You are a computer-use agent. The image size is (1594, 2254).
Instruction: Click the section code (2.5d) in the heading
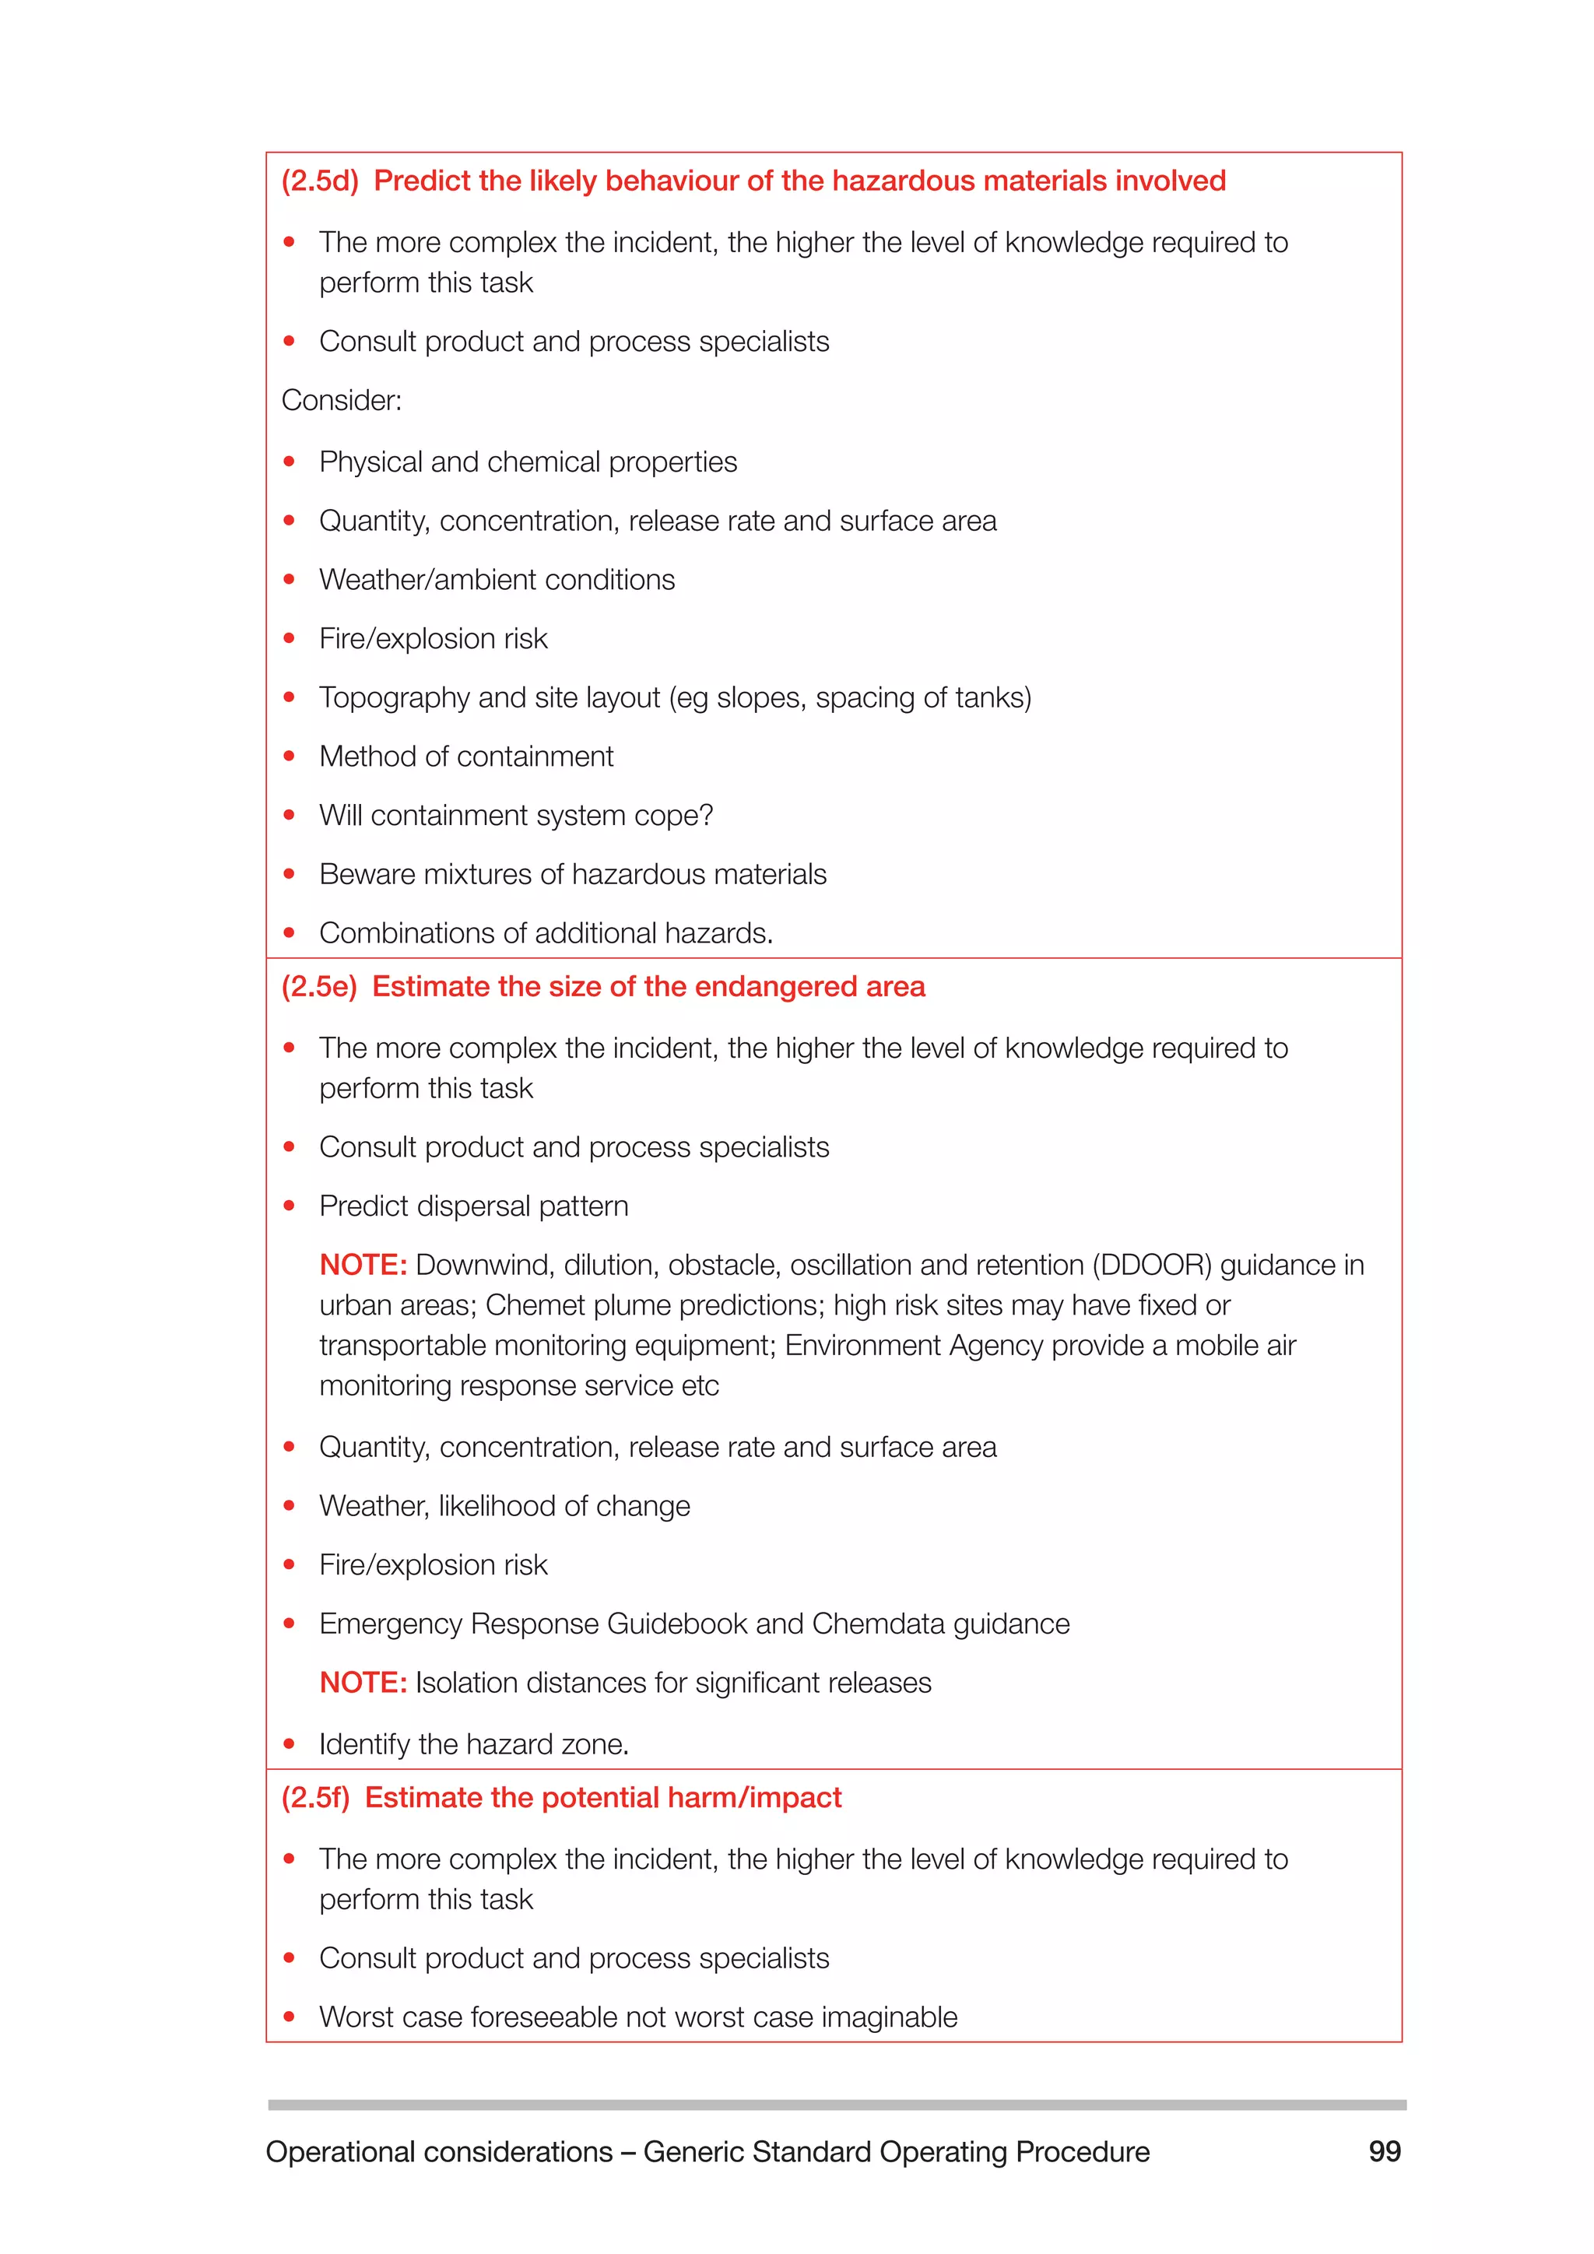[x=320, y=181]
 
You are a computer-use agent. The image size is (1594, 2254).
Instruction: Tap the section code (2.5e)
[x=319, y=987]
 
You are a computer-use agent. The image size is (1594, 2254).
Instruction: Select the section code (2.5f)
[x=315, y=1797]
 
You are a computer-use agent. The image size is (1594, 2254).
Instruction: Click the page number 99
[x=1384, y=2151]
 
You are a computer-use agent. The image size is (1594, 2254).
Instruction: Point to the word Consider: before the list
[x=342, y=401]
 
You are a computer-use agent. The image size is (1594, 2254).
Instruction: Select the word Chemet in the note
[x=533, y=1306]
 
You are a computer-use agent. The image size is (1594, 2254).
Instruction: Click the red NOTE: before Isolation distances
[x=362, y=1683]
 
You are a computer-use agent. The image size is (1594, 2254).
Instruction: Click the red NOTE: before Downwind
[x=362, y=1266]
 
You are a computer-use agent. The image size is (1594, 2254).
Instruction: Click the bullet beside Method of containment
[x=289, y=757]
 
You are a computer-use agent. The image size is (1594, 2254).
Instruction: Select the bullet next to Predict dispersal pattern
[x=289, y=1206]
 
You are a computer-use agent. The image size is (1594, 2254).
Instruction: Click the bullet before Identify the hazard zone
[x=289, y=1744]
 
